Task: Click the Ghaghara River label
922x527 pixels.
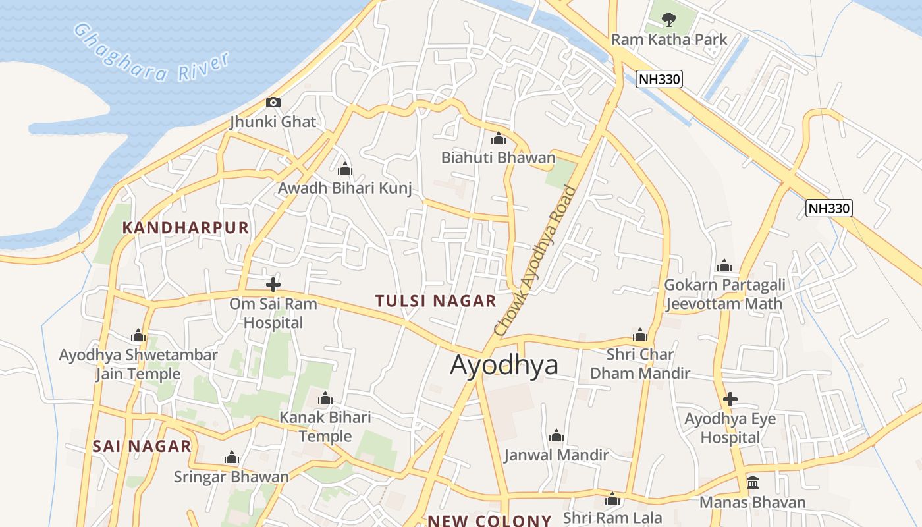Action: (x=151, y=53)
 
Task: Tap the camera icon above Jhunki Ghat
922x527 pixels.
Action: (x=273, y=102)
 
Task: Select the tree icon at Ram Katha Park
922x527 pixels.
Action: (x=668, y=19)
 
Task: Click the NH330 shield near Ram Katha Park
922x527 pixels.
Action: (x=659, y=80)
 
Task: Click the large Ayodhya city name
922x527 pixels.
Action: (x=504, y=365)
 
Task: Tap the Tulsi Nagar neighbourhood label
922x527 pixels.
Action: (x=435, y=301)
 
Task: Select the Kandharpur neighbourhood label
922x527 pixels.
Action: (x=186, y=228)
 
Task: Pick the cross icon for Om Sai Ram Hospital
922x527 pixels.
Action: (x=273, y=285)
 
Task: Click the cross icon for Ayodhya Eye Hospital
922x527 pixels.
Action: (x=730, y=399)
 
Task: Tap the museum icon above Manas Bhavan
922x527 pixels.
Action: (x=753, y=483)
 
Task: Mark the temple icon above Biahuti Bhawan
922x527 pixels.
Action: (x=499, y=139)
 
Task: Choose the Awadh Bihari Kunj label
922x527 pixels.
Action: (x=344, y=188)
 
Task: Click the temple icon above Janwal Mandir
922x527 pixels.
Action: (x=556, y=435)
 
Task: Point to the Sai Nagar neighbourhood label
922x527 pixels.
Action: (x=142, y=446)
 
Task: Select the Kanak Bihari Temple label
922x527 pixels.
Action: (x=325, y=427)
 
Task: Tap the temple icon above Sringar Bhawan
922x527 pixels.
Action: (x=231, y=458)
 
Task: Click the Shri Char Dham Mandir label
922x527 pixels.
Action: (x=639, y=364)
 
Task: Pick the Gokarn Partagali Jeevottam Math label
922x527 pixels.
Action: (x=724, y=294)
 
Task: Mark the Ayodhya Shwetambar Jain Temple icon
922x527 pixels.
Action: (x=138, y=336)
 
